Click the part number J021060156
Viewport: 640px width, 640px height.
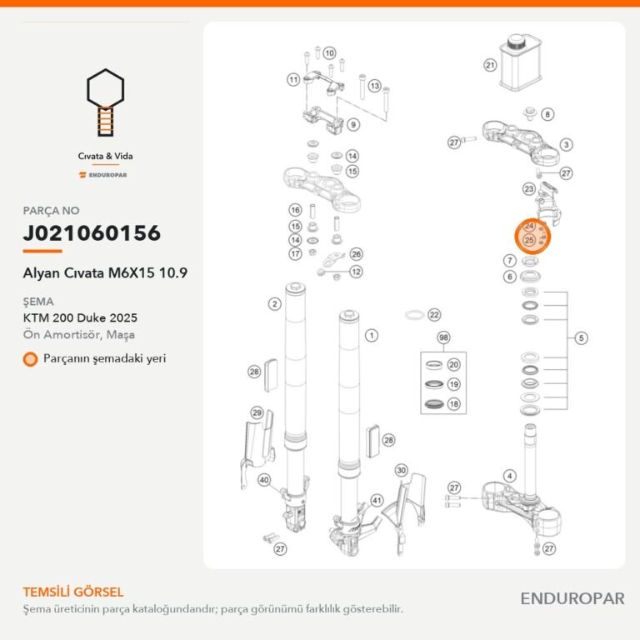[x=92, y=233]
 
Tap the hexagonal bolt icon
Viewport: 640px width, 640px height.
[x=105, y=102]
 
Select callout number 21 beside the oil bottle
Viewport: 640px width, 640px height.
[x=490, y=65]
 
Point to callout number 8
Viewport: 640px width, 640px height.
[x=547, y=114]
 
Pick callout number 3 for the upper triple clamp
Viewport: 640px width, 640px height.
[x=566, y=144]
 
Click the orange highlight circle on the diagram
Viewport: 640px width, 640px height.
[x=532, y=237]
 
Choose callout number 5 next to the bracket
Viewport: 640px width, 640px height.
[x=581, y=338]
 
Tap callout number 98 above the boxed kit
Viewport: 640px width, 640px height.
[x=443, y=337]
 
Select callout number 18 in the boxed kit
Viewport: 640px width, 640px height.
[x=454, y=404]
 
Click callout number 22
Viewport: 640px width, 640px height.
[x=434, y=315]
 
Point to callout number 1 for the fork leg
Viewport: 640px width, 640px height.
[x=372, y=336]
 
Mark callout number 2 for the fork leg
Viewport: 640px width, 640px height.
[x=275, y=303]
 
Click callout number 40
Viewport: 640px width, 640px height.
[x=264, y=480]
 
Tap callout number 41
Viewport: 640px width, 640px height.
[x=377, y=500]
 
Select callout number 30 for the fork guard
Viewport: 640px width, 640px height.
[x=401, y=470]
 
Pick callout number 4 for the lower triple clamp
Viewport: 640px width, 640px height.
[x=509, y=476]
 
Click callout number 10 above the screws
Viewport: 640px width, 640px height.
[x=329, y=53]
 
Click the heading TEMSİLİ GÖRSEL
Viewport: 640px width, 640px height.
[x=73, y=592]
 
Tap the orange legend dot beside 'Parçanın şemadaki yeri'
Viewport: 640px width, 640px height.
[x=30, y=359]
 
